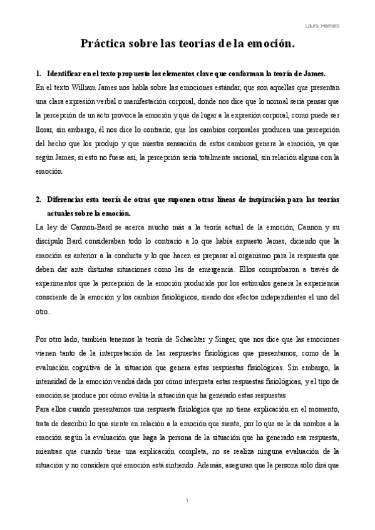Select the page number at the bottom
[x=188, y=502]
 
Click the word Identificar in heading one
[x=66, y=74]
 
